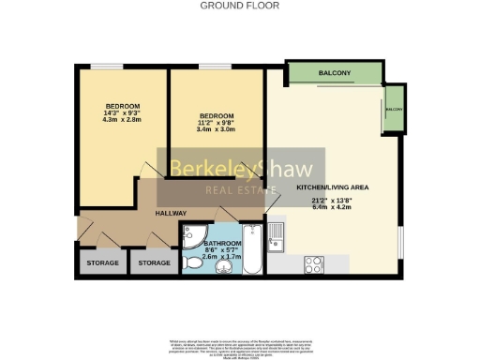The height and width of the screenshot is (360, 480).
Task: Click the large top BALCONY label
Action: (334, 73)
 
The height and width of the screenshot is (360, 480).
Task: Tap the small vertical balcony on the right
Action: (394, 111)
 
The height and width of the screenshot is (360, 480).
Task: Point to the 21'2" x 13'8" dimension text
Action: (333, 200)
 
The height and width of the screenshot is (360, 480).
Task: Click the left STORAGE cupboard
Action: (102, 262)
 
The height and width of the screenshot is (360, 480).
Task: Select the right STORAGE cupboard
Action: (154, 262)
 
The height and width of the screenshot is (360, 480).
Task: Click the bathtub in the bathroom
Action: (253, 249)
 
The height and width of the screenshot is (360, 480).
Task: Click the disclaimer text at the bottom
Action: (240, 343)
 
